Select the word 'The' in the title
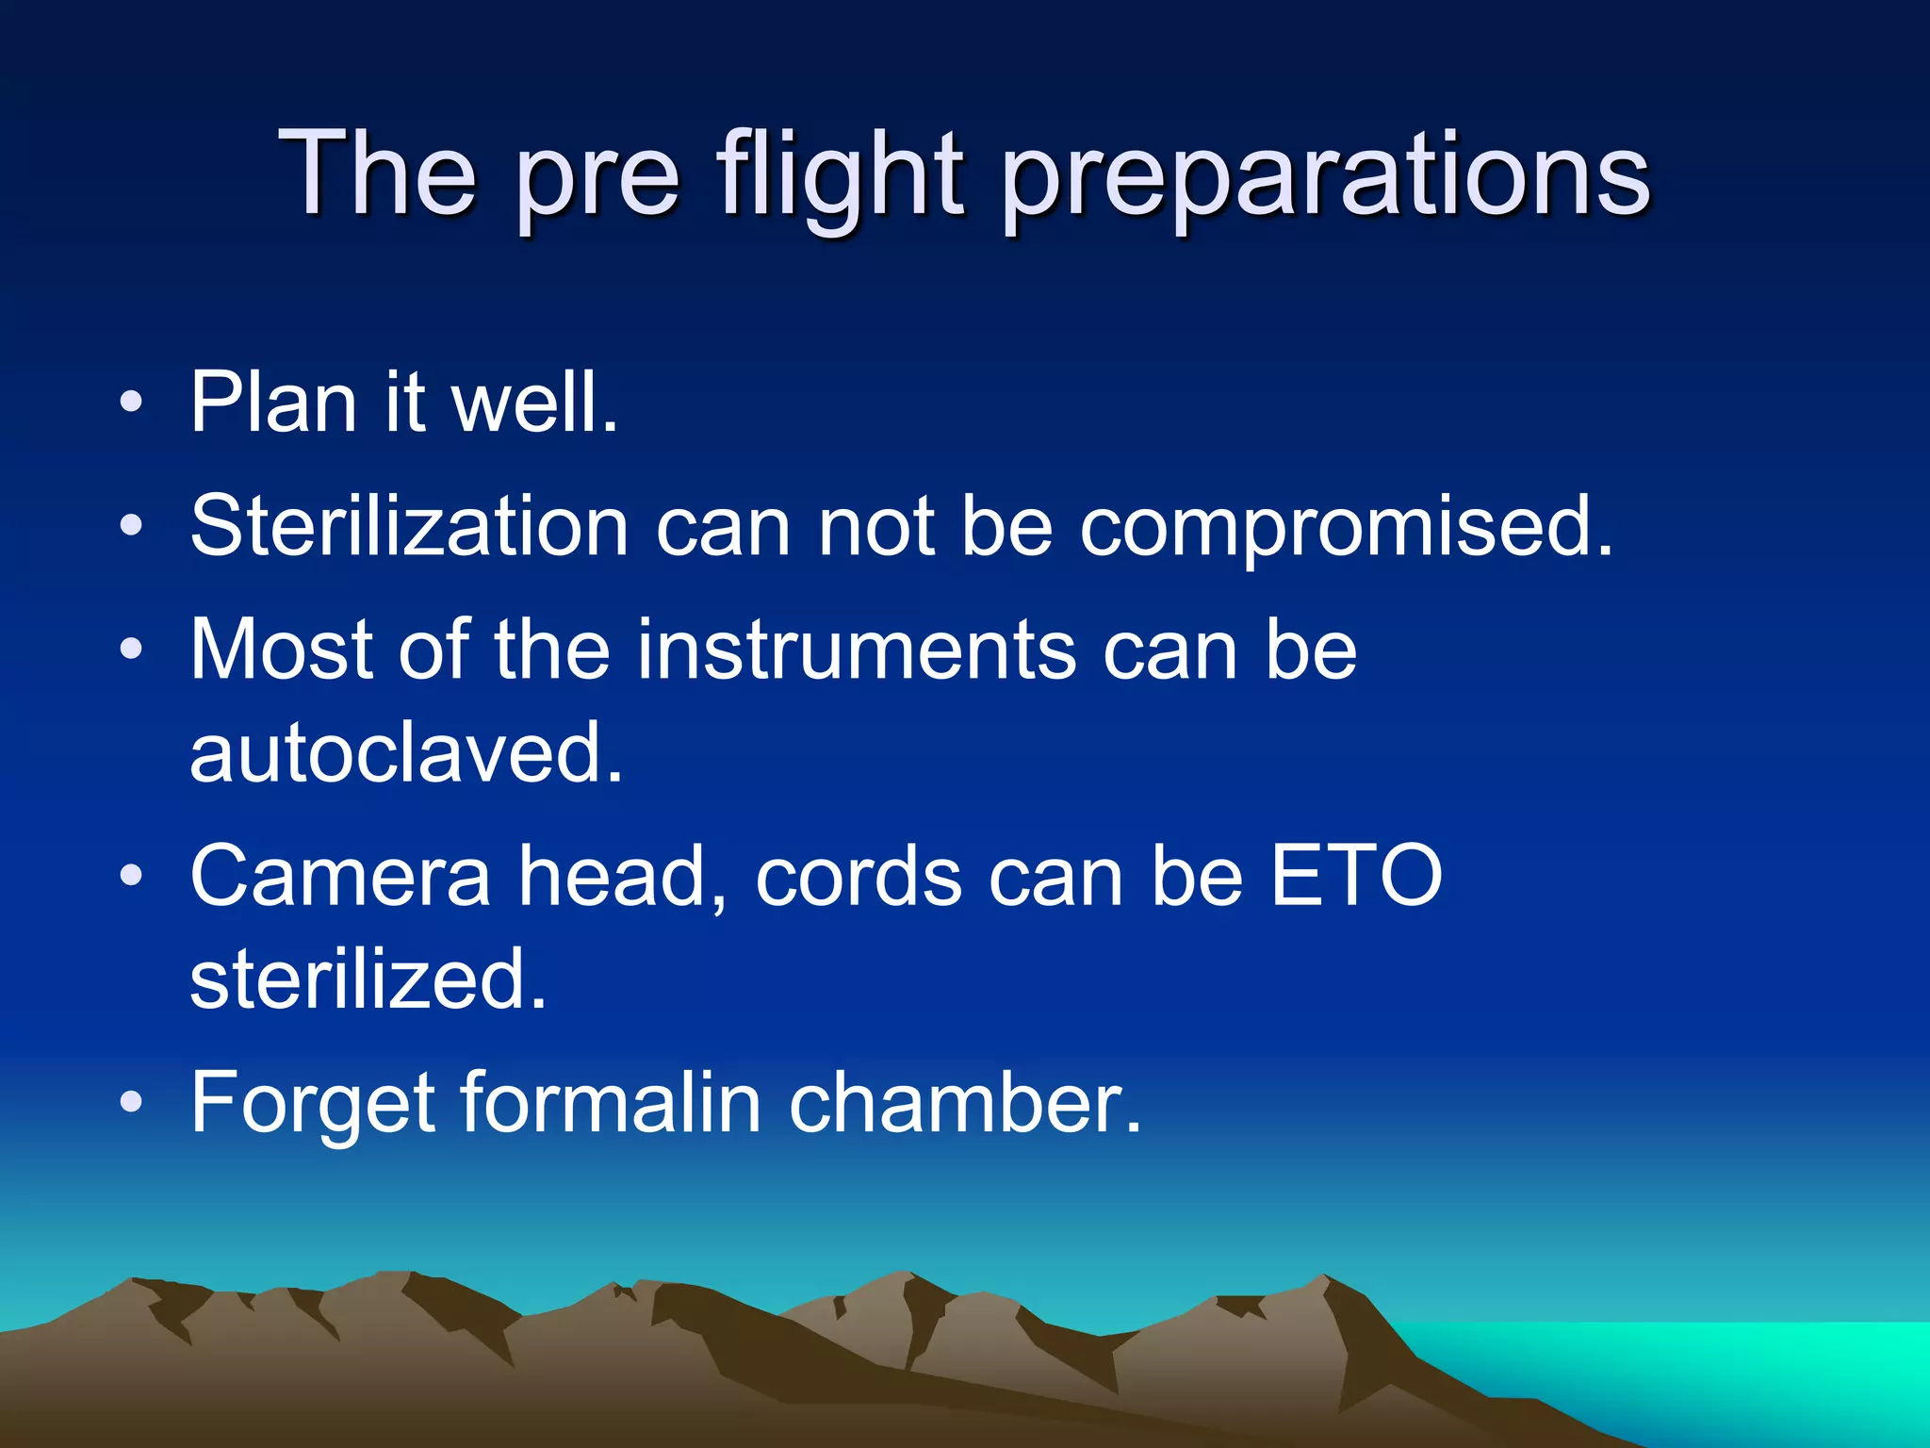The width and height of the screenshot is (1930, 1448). [x=377, y=174]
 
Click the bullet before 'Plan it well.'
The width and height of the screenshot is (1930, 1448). [x=132, y=404]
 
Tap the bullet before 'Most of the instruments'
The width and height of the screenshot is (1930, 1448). [x=132, y=650]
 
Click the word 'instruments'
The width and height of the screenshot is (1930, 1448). [x=856, y=650]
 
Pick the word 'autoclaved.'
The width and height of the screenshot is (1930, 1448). [x=406, y=752]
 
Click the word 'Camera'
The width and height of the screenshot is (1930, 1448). [x=340, y=876]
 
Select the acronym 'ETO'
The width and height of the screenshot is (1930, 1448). [x=1356, y=876]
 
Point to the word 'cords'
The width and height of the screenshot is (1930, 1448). [x=859, y=876]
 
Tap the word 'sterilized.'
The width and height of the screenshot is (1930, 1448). [x=368, y=979]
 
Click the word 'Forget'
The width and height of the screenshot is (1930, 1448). [x=312, y=1103]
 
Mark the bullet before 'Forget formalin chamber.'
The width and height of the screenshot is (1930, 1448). [x=132, y=1102]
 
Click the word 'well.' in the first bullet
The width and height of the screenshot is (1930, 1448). [x=534, y=403]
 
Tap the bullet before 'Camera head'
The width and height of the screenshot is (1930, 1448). [x=132, y=876]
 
